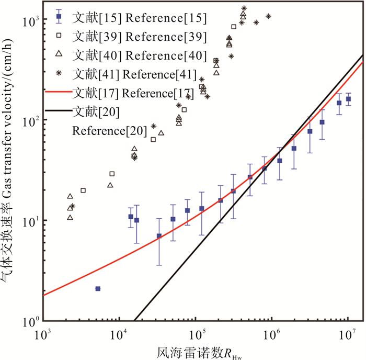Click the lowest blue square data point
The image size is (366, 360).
click(98, 288)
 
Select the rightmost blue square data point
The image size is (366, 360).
click(348, 99)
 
